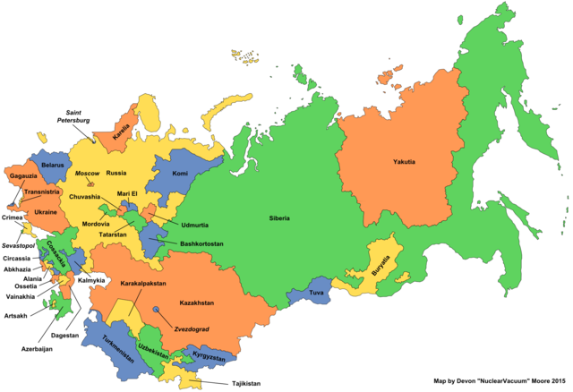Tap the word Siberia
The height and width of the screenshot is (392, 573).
(x=278, y=217)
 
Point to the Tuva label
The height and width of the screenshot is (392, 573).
(x=316, y=293)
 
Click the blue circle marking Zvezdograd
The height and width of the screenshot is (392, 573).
(x=157, y=309)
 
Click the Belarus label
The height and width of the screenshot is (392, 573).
(x=55, y=166)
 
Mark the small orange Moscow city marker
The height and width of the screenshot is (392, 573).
(x=90, y=183)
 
